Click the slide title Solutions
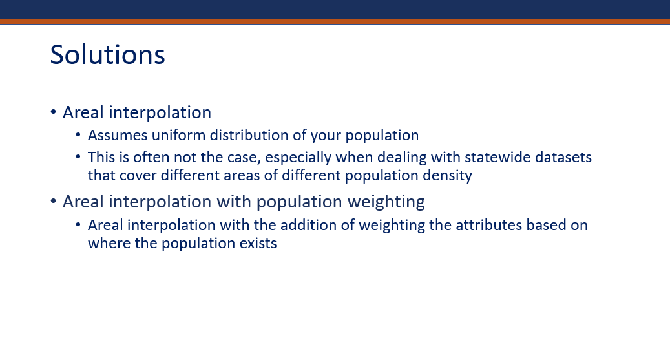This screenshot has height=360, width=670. (x=107, y=54)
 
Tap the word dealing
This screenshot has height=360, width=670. (x=402, y=158)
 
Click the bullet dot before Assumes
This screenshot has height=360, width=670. (x=78, y=134)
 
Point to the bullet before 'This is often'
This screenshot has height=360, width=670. (x=78, y=157)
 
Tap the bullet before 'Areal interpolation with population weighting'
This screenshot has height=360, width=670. (x=54, y=200)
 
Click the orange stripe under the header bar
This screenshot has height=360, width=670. (x=335, y=21)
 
